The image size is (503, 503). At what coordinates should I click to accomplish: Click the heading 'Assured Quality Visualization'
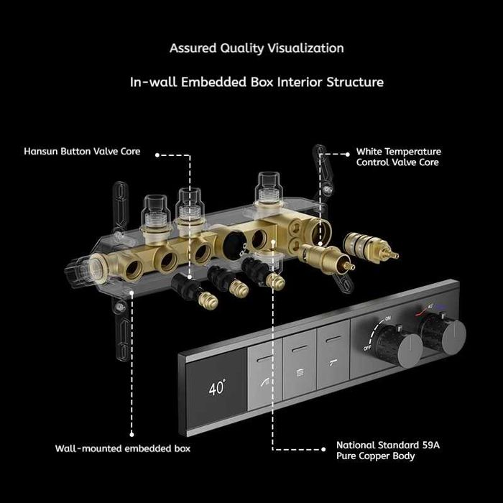click(257, 48)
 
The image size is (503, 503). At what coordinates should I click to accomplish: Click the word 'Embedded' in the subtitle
click(214, 82)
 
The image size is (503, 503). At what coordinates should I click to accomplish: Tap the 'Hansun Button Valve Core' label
click(82, 151)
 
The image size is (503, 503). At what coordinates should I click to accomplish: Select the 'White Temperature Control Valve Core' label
click(398, 157)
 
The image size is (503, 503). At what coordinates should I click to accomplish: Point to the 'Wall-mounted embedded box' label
click(123, 448)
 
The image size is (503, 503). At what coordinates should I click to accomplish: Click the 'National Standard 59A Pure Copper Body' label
click(388, 451)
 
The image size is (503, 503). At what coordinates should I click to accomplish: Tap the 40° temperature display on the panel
click(217, 387)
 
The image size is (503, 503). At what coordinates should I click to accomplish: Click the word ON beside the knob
click(387, 318)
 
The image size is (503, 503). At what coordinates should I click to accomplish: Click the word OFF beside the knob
click(368, 347)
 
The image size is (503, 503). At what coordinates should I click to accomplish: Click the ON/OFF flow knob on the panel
click(400, 345)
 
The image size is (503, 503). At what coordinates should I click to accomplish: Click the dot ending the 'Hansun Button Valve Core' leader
click(157, 155)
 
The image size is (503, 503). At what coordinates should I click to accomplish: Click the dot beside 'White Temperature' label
click(347, 154)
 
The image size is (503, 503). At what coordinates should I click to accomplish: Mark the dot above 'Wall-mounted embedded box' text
click(131, 435)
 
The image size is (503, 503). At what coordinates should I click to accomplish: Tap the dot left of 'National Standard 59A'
click(323, 449)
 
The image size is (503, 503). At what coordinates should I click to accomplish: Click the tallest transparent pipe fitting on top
click(269, 188)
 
